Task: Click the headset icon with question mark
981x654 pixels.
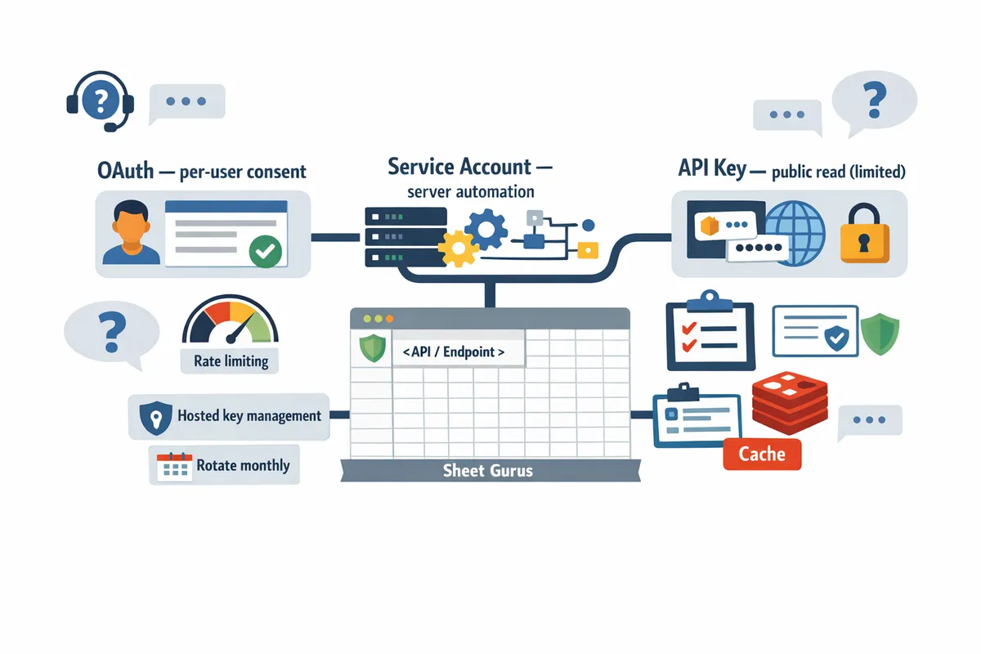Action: pyautogui.click(x=99, y=101)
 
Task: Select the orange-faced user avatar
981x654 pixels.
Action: pyautogui.click(x=131, y=232)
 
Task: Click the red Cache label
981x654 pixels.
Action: pyautogui.click(x=762, y=453)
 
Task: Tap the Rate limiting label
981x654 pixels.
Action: pyautogui.click(x=231, y=360)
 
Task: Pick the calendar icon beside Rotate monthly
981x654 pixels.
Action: pyautogui.click(x=173, y=467)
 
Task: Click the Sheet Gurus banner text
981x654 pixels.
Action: pyautogui.click(x=487, y=470)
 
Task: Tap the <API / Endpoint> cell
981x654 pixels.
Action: pyautogui.click(x=453, y=352)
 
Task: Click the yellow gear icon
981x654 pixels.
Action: pyautogui.click(x=457, y=246)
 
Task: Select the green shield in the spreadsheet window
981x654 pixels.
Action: pyautogui.click(x=371, y=347)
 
